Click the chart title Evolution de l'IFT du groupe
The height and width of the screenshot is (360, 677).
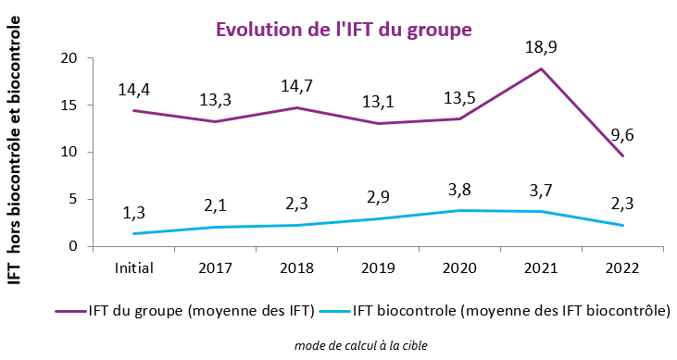pyautogui.click(x=345, y=29)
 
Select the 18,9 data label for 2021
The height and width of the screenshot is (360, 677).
pyautogui.click(x=541, y=47)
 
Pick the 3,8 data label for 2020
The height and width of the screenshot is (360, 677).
pyautogui.click(x=460, y=191)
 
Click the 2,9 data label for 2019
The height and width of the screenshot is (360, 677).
pyautogui.click(x=379, y=199)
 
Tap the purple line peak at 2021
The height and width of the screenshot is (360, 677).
pyautogui.click(x=541, y=69)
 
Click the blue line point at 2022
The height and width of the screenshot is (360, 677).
pyautogui.click(x=621, y=225)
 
